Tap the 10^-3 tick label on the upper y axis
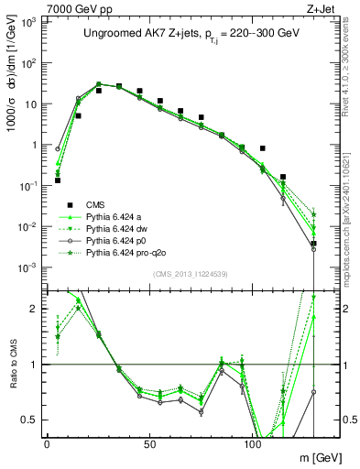[30, 267]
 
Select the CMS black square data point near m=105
[262, 147]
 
